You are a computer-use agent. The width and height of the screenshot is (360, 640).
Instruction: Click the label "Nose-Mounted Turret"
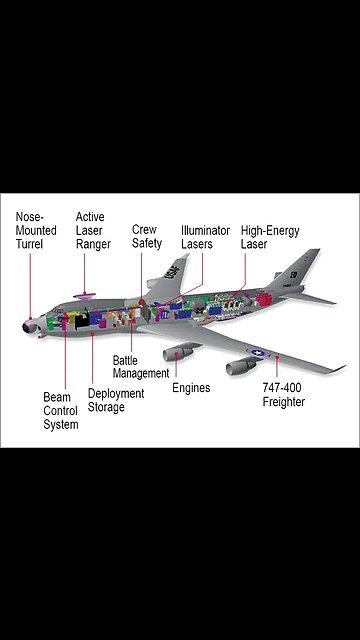36,230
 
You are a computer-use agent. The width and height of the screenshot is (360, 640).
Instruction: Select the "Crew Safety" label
146,236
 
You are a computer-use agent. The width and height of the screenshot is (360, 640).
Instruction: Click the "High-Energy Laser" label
269,236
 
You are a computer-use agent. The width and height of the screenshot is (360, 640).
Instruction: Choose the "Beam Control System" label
61,410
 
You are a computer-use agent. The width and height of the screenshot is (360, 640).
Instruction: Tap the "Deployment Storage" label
116,400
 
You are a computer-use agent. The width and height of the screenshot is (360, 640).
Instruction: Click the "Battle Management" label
141,366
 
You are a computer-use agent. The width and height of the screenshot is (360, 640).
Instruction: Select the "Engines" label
191,388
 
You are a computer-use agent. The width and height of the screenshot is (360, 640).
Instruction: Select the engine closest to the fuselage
180,352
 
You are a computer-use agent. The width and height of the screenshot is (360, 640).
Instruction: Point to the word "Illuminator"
204,230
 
